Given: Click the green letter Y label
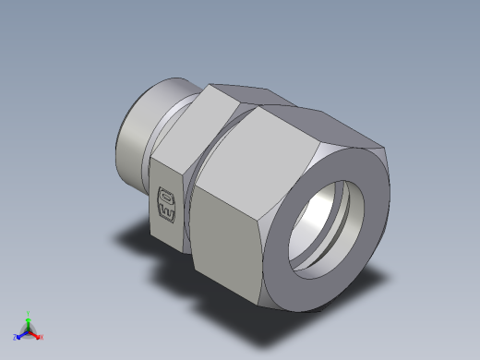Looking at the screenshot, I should [x=29, y=313].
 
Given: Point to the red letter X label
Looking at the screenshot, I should [x=42, y=337].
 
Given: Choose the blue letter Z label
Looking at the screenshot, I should [x=15, y=338].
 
